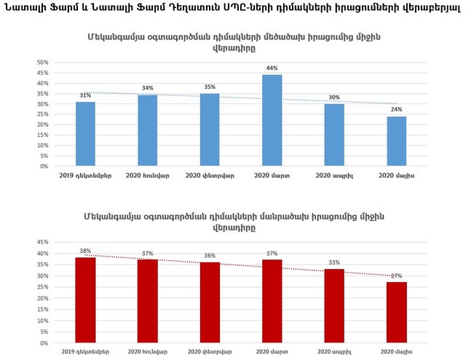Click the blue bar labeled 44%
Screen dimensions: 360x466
272,120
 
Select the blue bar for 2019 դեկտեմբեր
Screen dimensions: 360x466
85,134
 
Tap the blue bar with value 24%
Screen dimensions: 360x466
396,141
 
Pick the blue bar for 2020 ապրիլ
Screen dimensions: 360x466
334,135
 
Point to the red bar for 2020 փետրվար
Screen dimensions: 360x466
210,302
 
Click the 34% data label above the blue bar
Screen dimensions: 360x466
148,88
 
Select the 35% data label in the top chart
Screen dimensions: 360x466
210,87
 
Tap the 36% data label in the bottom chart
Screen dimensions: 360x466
210,255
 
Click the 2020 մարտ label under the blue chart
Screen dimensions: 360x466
272,176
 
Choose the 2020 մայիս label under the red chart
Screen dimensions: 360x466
396,352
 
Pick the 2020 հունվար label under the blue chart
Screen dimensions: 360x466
148,176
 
